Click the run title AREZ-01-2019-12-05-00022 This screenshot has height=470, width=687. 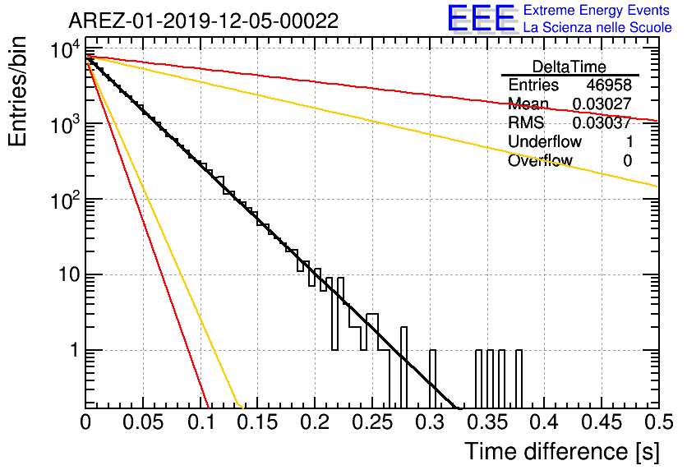203,21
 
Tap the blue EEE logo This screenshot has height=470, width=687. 482,19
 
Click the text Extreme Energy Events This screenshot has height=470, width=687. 597,10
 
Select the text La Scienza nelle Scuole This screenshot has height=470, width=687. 597,27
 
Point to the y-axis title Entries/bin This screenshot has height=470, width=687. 17,91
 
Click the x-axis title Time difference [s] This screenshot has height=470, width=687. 562,451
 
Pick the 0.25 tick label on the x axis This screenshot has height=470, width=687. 371,422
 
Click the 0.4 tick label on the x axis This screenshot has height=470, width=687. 544,422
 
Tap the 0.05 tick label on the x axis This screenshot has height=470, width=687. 143,422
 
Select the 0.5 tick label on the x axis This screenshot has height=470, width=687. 658,422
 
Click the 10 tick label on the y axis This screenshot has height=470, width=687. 69,275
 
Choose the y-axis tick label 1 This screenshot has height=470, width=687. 75,350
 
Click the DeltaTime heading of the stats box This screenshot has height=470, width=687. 569,67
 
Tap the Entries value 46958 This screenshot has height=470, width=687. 609,85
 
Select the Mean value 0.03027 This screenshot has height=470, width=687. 602,104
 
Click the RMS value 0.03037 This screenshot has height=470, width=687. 602,122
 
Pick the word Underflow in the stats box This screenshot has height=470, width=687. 545,141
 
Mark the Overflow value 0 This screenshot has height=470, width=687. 627,161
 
